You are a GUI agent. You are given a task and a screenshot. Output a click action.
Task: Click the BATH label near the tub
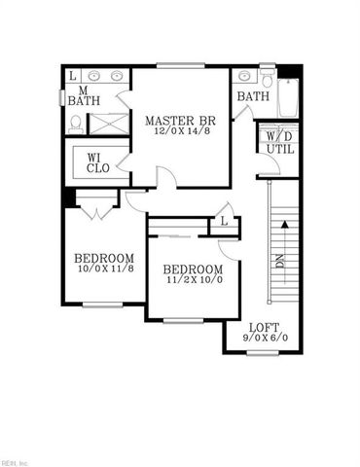coord(252,96)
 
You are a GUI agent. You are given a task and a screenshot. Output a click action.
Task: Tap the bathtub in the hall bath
coord(287,97)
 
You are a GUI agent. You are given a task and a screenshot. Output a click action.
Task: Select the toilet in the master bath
coord(76,124)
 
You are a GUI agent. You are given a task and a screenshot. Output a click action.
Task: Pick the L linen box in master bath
coord(72,75)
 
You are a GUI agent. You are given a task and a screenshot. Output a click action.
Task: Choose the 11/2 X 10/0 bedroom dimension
coord(192,281)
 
